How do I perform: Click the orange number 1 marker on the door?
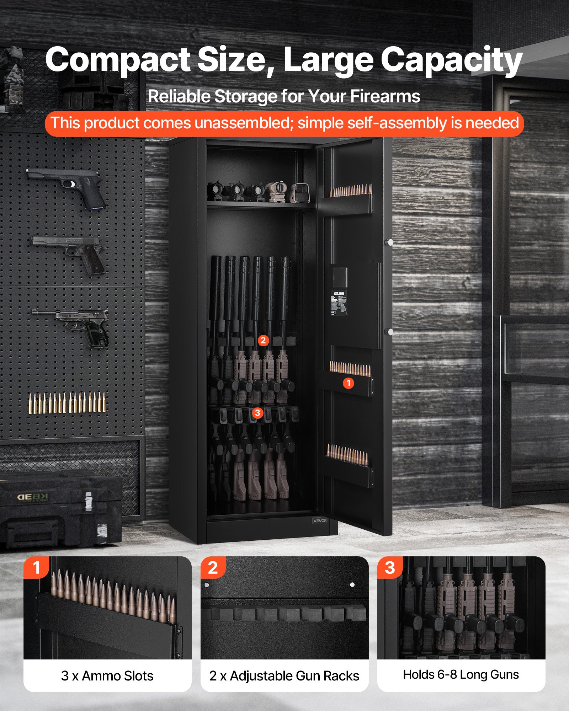349,383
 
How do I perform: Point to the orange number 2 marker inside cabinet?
263,340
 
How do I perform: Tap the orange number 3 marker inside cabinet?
257,413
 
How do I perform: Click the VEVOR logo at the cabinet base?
320,520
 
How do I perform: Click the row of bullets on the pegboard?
67,403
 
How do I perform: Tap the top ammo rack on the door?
350,199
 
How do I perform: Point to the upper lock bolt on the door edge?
390,242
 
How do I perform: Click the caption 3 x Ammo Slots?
107,676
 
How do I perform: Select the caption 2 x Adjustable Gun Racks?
284,676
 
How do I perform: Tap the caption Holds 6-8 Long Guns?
461,674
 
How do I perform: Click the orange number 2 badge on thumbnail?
213,568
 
